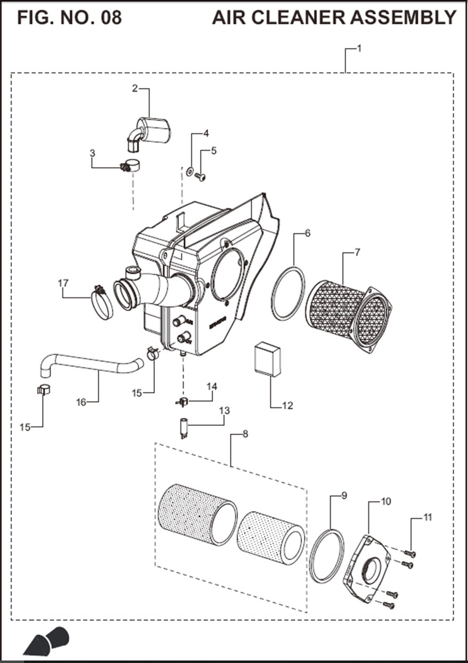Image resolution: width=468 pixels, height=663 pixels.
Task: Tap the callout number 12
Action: pyautogui.click(x=288, y=406)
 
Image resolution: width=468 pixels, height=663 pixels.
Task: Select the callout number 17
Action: pyautogui.click(x=63, y=283)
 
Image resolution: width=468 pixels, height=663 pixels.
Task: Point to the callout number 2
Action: pyautogui.click(x=135, y=88)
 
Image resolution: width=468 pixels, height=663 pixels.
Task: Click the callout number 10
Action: pyautogui.click(x=387, y=502)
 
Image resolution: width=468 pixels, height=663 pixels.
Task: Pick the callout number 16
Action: pyautogui.click(x=81, y=402)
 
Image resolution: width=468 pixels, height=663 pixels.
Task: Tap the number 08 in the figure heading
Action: pyautogui.click(x=110, y=17)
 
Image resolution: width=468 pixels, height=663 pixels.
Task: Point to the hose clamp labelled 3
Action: pyautogui.click(x=130, y=167)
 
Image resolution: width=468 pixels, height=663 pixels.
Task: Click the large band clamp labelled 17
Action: pyautogui.click(x=103, y=303)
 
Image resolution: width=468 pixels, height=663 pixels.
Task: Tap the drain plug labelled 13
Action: pyautogui.click(x=184, y=430)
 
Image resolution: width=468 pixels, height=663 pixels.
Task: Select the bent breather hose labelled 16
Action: pyautogui.click(x=91, y=366)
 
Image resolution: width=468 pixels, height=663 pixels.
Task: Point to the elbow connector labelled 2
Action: pyautogui.click(x=151, y=131)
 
